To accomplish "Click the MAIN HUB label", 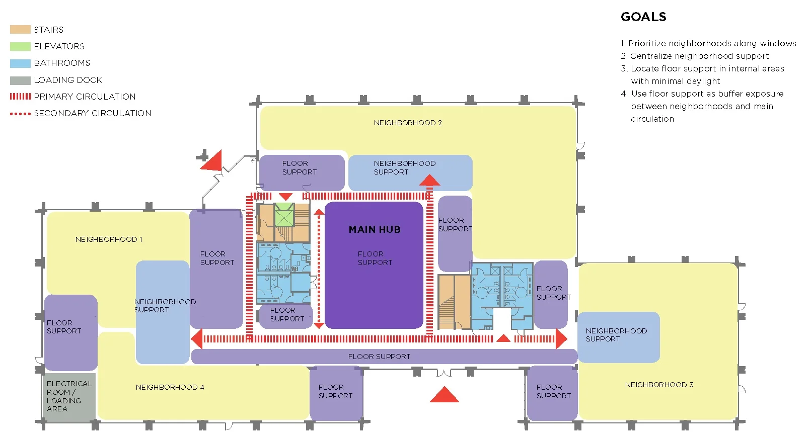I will coord(375,229).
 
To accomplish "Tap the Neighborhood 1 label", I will coord(109,239).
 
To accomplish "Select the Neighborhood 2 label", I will coord(408,123).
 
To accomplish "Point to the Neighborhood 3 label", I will coord(659,385).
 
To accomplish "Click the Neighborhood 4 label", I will coord(170,387).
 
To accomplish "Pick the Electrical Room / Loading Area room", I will coord(69,397).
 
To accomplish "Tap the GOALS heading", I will coord(643,17).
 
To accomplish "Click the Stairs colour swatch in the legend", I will coord(20,30).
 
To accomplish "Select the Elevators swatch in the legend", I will coord(20,46).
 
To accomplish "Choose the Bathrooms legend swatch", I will coord(20,63).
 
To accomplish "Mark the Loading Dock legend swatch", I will coord(20,80).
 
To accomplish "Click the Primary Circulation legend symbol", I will coord(20,97).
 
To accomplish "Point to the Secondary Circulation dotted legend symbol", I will coord(20,114).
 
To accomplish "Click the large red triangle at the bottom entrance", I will coord(444,395).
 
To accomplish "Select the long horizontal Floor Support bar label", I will coord(379,357).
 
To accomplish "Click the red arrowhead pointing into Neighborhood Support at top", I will coord(429,180).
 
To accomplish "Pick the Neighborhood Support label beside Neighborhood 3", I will coord(616,335).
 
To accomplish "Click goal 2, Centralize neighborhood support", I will coord(699,56).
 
